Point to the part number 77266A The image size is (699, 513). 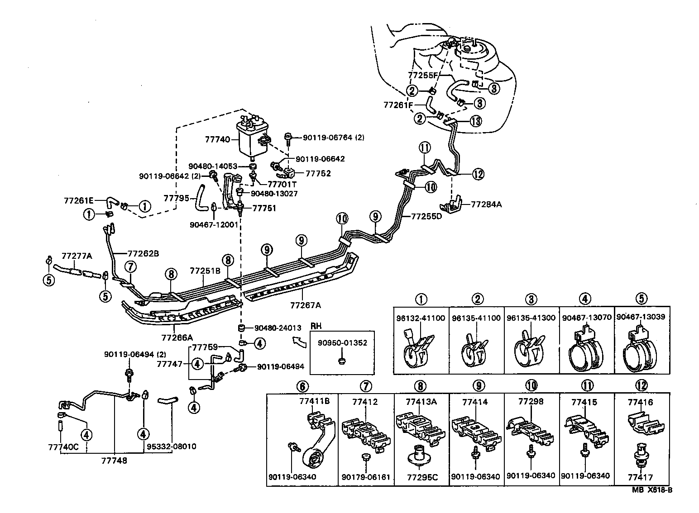pos(177,337)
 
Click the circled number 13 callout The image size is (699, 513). pos(475,121)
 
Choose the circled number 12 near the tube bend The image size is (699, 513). pos(478,173)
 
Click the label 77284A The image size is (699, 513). pos(486,204)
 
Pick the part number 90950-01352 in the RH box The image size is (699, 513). pos(342,342)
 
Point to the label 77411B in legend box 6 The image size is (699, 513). pos(314,401)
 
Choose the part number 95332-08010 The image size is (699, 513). pos(171,446)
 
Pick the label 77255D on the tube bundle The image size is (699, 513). pos(426,216)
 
